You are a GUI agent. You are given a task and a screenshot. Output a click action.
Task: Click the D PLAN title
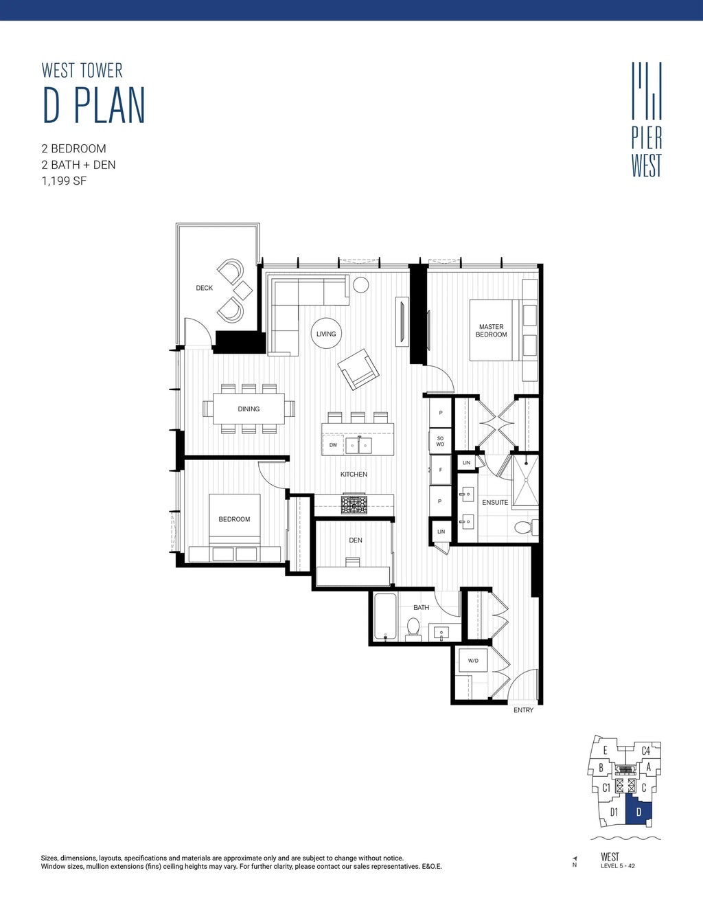click(93, 106)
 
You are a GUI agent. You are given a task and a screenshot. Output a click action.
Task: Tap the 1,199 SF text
click(64, 181)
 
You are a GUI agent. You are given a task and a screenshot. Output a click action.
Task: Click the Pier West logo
click(647, 120)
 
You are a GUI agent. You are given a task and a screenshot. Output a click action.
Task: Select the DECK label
click(204, 288)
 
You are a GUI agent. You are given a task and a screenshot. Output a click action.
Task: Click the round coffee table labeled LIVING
click(326, 334)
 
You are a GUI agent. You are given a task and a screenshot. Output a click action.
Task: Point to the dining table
click(249, 409)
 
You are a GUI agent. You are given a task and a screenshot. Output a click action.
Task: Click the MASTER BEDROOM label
click(491, 331)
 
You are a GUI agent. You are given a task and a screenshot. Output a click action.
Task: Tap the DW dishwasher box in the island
click(333, 445)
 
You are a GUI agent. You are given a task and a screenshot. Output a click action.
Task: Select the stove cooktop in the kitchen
click(354, 505)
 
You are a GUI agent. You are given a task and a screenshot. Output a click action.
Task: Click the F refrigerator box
click(440, 470)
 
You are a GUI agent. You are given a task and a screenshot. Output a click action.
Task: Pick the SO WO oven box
click(440, 441)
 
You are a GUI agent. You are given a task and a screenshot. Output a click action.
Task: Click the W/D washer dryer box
click(473, 661)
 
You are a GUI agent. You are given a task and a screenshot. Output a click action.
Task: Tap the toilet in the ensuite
click(525, 527)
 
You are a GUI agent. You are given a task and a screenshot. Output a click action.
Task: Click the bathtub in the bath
click(386, 617)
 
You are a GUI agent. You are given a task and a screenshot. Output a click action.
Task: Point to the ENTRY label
click(523, 710)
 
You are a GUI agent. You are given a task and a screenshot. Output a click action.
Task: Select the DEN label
click(356, 541)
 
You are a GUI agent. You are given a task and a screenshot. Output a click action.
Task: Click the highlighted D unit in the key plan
click(638, 812)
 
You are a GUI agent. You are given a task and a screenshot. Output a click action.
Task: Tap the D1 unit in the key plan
click(614, 812)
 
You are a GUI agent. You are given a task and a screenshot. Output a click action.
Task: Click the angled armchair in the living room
click(358, 369)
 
